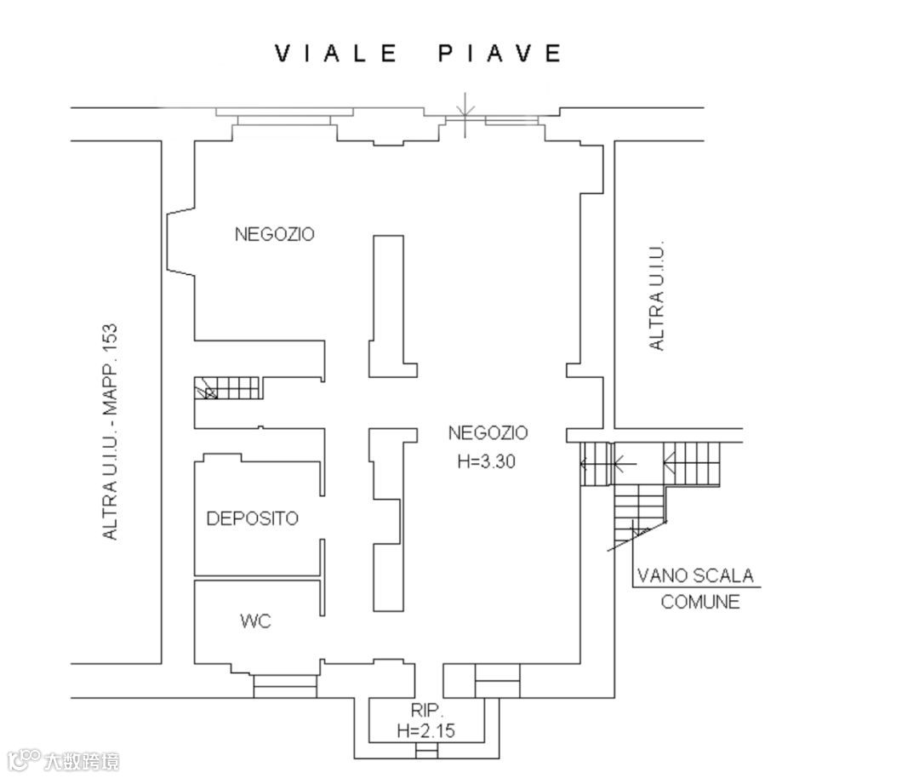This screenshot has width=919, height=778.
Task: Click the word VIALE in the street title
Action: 336,54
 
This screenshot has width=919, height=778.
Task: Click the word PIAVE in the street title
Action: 500,54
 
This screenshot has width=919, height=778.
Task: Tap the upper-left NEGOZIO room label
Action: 274,234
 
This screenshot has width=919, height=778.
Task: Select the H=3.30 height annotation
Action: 486,461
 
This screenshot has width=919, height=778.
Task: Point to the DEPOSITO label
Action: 253,518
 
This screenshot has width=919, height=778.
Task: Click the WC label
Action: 255,621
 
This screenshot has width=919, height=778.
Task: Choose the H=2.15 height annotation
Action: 426,730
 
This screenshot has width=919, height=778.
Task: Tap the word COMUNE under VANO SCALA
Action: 699,602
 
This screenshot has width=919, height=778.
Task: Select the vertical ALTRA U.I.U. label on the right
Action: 657,295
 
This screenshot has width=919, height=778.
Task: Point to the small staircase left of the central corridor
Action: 228,388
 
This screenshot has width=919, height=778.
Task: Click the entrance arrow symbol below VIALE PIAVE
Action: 465,115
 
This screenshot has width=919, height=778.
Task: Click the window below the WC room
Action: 285,686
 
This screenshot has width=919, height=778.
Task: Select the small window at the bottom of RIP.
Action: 426,751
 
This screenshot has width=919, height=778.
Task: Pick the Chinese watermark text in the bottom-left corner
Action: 82,762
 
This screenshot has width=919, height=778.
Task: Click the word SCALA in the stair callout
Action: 724,575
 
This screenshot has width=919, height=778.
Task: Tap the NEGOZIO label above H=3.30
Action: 488,432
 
